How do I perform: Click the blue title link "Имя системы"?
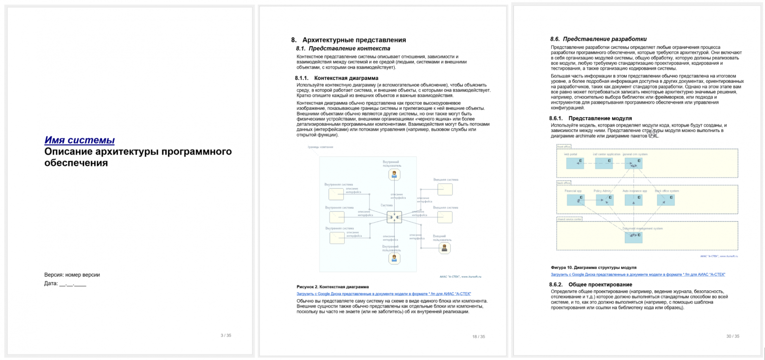(x=79, y=140)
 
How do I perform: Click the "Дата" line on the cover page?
(x=65, y=283)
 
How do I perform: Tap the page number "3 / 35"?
(x=226, y=335)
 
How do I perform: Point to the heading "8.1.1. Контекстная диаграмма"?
(x=336, y=78)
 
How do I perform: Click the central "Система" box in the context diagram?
(x=394, y=217)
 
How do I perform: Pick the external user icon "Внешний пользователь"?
(x=444, y=248)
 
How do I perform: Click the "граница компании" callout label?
(x=321, y=147)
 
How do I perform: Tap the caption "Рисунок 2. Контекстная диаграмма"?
(x=332, y=286)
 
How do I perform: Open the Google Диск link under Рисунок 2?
(x=383, y=294)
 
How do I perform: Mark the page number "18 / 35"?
(x=479, y=336)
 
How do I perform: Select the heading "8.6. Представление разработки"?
(x=598, y=39)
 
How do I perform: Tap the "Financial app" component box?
(x=575, y=200)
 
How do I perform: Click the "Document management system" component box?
(x=633, y=237)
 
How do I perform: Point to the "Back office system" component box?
(x=665, y=200)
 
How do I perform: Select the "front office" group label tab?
(x=563, y=147)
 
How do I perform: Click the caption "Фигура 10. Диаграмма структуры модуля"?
(x=593, y=267)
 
